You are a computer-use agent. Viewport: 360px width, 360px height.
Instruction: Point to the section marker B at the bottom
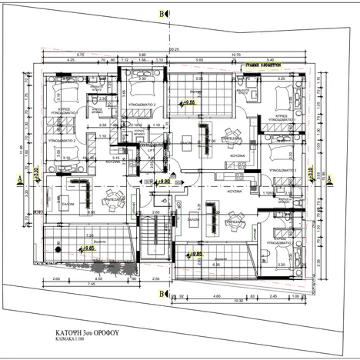[x=162, y=294]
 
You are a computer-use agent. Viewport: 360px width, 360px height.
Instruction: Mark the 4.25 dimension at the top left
[x=70, y=60]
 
